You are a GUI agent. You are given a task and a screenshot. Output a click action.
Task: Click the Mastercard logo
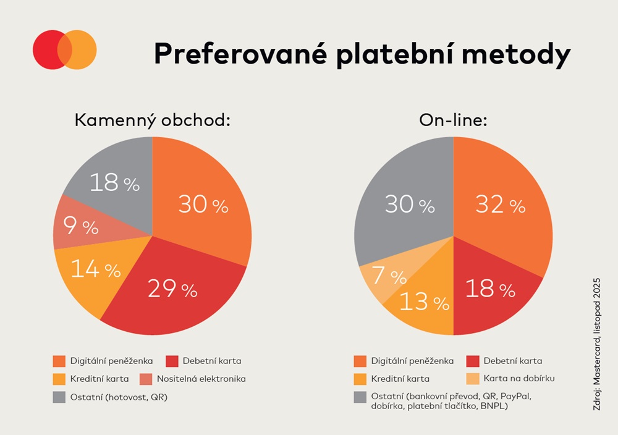click(x=65, y=49)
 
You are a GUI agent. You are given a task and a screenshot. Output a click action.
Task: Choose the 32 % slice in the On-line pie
click(x=501, y=204)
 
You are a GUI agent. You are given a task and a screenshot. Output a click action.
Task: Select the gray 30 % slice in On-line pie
click(x=408, y=204)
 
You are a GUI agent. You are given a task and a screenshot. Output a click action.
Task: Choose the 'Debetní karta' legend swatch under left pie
click(x=172, y=361)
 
